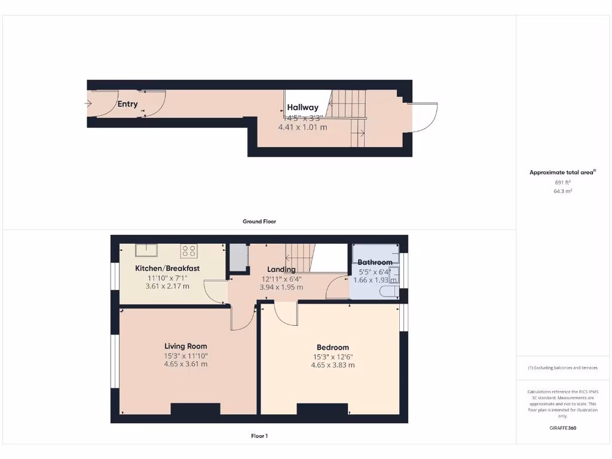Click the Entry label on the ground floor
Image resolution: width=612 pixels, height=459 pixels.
pos(127,104)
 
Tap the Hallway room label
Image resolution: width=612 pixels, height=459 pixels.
pos(302,108)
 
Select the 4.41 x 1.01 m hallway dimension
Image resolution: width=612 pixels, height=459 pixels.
pos(302,127)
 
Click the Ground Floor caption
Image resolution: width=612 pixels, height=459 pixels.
pos(259,221)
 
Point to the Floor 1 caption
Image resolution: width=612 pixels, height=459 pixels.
pos(259,436)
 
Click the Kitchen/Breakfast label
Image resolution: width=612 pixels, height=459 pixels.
pos(167,268)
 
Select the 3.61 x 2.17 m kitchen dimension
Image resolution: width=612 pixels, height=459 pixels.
pos(167,286)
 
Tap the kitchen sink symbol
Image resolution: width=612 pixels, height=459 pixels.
pos(145,250)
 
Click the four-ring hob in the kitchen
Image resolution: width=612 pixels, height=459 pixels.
pos(189,250)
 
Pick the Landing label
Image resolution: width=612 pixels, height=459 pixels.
pos(281,270)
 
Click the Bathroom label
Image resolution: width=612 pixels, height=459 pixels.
pos(375,262)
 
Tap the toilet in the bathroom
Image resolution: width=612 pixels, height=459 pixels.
pos(389,291)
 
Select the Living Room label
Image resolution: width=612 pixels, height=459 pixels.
pos(186,346)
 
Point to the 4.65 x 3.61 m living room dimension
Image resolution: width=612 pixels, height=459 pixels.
pos(186,364)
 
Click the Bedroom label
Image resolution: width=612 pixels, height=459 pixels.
pos(333,347)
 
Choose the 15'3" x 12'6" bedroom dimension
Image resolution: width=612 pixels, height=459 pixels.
pos(333,357)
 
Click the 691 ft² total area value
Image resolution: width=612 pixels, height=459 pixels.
pos(563,182)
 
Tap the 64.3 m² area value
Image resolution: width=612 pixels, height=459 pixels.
pos(563,191)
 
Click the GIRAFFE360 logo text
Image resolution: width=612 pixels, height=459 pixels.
pos(563,428)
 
